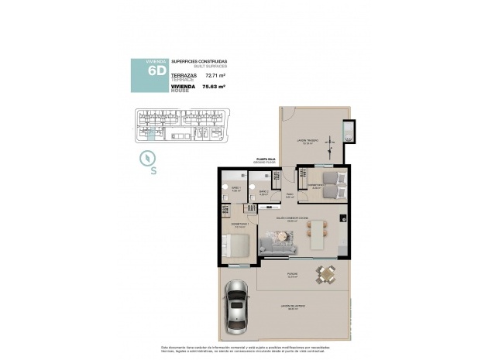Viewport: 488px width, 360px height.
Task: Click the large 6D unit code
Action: click(x=156, y=70)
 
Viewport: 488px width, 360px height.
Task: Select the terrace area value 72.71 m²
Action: click(x=215, y=76)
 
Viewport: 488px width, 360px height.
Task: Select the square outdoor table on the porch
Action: click(x=326, y=273)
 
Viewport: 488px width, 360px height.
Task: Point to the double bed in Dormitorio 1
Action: click(x=238, y=245)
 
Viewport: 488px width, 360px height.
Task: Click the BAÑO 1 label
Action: click(x=235, y=188)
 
